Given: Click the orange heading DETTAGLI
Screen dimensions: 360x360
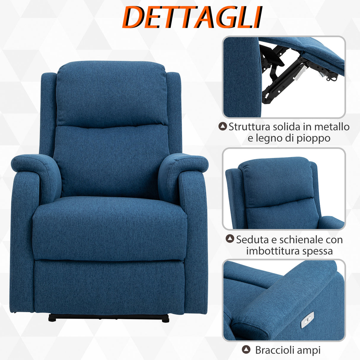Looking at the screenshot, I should pos(192,17).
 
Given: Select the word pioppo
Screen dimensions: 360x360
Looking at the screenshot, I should pos(314,138).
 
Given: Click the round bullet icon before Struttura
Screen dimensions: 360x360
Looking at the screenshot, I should pos(222,126).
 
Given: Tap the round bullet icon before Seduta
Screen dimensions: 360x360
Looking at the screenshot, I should pos(230,239).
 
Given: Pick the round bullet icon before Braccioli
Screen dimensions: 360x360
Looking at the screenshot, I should pos(246,350).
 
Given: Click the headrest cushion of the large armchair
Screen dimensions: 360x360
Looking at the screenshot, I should pos(111,93).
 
